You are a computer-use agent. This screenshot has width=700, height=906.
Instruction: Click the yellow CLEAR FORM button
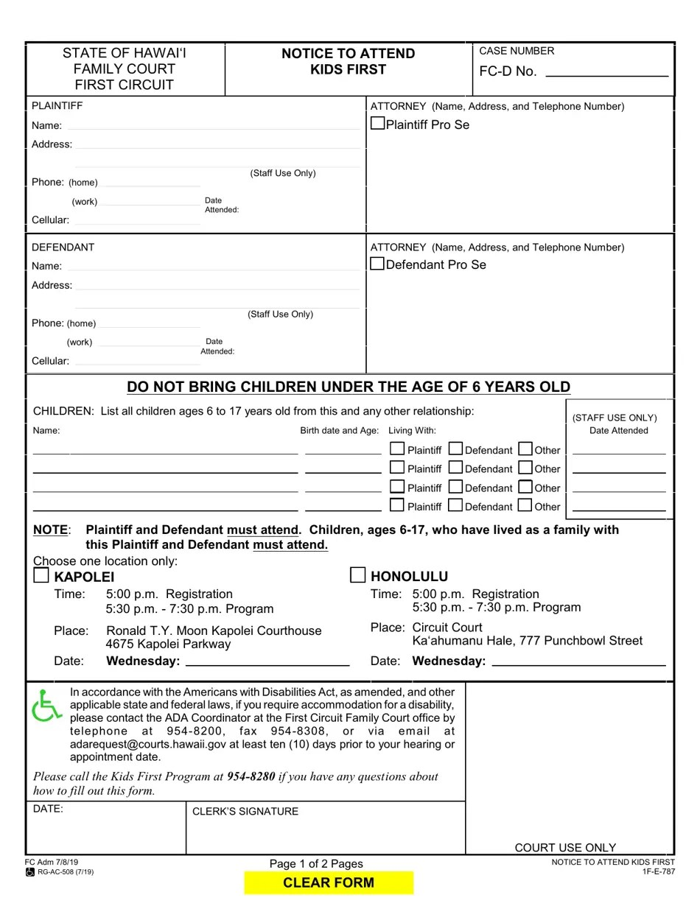[x=329, y=882]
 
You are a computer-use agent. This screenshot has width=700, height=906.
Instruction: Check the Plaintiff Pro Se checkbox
[x=377, y=124]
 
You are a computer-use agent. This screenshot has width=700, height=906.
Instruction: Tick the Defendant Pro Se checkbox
[x=377, y=264]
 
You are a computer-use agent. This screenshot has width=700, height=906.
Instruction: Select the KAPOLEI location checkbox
[x=41, y=575]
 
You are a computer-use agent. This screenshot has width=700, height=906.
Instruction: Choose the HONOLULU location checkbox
[x=358, y=575]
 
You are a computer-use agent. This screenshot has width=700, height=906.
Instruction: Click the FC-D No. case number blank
[x=606, y=72]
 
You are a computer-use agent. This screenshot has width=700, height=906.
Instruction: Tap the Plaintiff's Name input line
[x=213, y=126]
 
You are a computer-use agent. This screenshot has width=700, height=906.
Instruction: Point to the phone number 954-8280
[x=251, y=776]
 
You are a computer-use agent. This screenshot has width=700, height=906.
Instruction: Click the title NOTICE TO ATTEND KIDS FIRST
[x=348, y=61]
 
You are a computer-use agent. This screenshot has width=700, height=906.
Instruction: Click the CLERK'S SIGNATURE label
[x=245, y=812]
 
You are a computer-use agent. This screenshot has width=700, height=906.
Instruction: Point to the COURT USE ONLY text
[x=565, y=848]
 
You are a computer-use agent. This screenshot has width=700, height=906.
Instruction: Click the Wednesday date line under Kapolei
[x=267, y=661]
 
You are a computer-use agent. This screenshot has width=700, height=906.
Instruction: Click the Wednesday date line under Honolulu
[x=578, y=661]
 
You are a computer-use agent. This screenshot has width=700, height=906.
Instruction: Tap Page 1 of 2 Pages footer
[x=316, y=864]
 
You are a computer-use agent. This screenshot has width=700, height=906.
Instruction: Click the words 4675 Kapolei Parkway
[x=168, y=645]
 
